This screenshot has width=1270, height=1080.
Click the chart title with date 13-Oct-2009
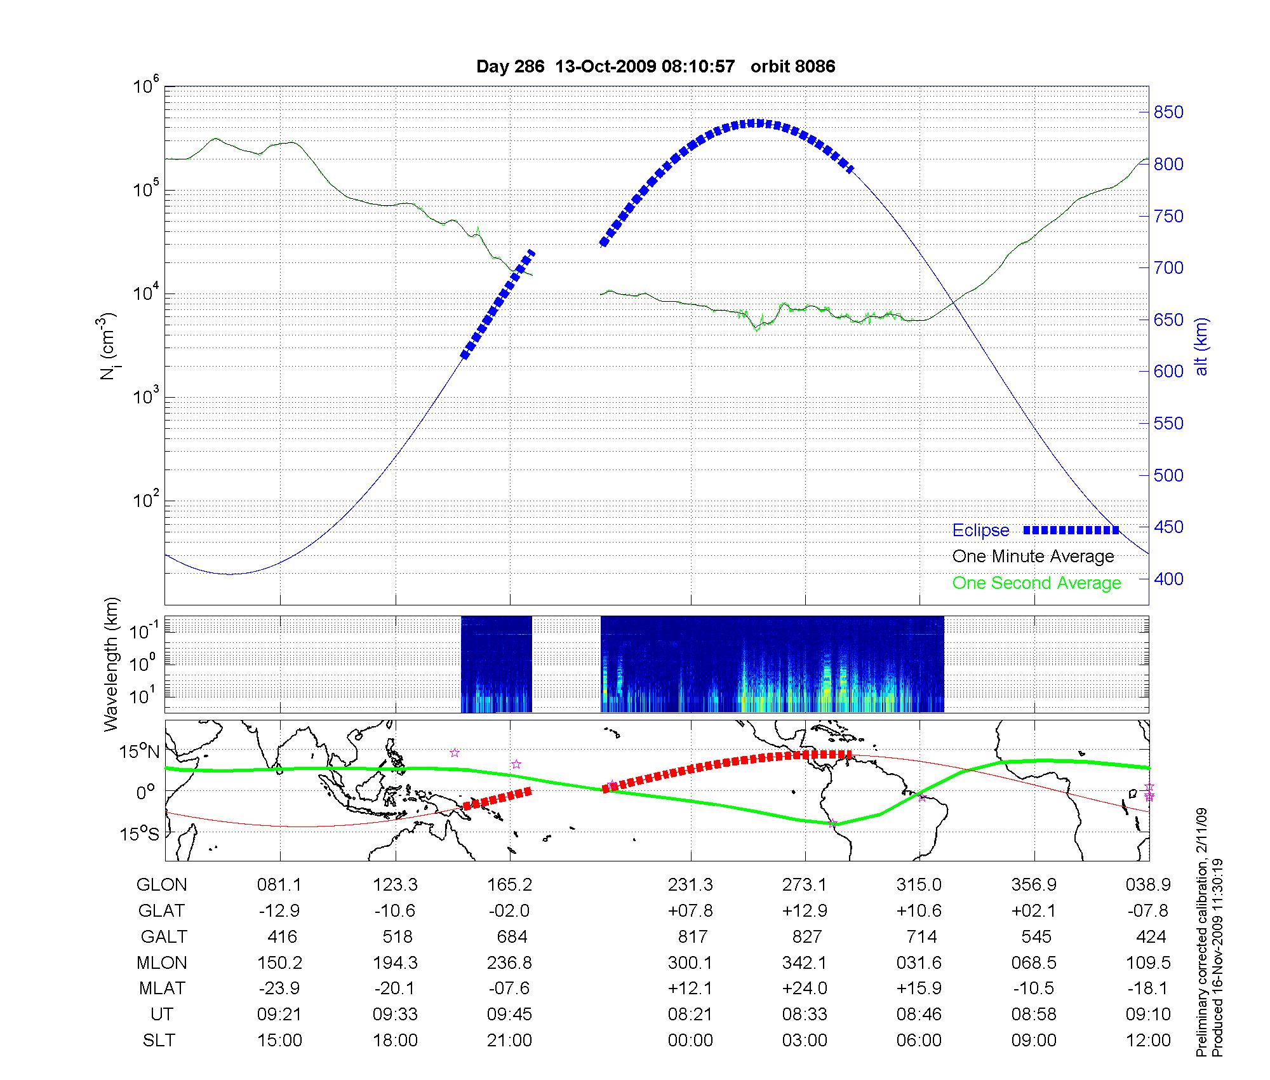pyautogui.click(x=655, y=67)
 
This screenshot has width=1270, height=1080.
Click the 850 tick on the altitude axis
pyautogui.click(x=1168, y=112)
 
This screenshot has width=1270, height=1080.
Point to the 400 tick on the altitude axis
pyautogui.click(x=1168, y=579)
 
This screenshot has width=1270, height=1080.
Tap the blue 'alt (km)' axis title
pyautogui.click(x=1201, y=346)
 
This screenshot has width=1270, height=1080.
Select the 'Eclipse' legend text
pyautogui.click(x=980, y=530)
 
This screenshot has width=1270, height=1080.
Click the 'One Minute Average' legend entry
pyautogui.click(x=1033, y=557)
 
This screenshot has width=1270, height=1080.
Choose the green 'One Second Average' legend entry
pyautogui.click(x=1036, y=583)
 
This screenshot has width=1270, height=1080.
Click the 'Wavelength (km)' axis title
pyautogui.click(x=112, y=665)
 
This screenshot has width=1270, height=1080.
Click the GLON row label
pyautogui.click(x=161, y=885)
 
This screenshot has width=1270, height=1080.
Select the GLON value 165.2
pyautogui.click(x=509, y=885)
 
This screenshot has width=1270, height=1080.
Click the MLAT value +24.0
pyautogui.click(x=805, y=989)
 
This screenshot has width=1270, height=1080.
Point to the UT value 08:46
pyautogui.click(x=919, y=1015)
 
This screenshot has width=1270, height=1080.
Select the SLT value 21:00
pyautogui.click(x=509, y=1041)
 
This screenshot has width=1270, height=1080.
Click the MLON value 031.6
pyautogui.click(x=919, y=963)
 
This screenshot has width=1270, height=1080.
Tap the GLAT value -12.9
pyautogui.click(x=279, y=911)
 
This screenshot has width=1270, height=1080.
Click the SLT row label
pyautogui.click(x=159, y=1041)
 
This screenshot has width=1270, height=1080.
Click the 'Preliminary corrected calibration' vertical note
pyautogui.click(x=1201, y=933)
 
